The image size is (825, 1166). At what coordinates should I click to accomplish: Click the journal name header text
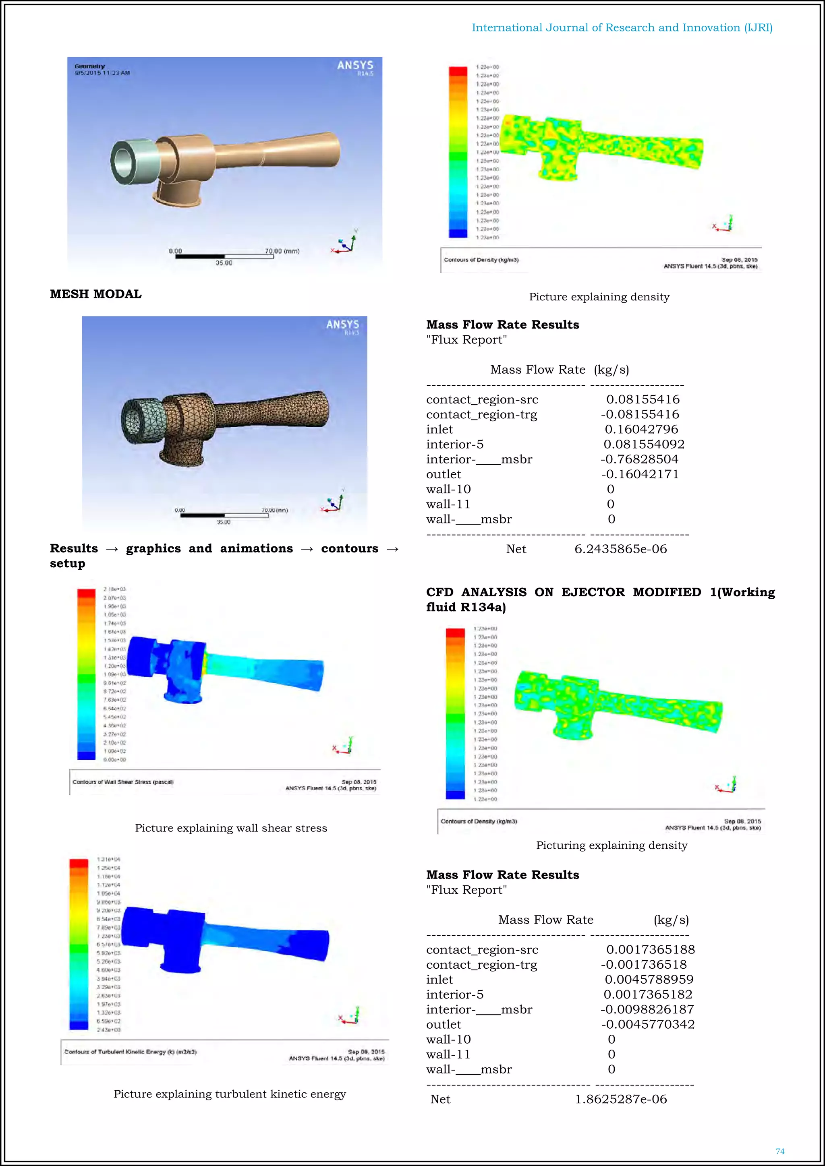point(622,28)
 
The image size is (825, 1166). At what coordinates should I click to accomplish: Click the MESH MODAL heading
point(95,294)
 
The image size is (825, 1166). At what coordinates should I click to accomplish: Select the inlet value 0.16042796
point(641,429)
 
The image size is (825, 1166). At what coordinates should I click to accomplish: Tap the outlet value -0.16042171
point(640,474)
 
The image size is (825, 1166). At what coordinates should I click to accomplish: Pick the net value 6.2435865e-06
point(620,549)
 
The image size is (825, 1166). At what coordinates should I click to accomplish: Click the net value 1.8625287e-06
point(620,1099)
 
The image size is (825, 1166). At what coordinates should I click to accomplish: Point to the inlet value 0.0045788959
point(649,979)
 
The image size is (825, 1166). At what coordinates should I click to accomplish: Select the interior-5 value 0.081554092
point(644,444)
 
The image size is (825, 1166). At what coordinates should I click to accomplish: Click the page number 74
point(780,1151)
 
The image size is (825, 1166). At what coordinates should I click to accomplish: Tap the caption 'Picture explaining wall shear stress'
point(231,828)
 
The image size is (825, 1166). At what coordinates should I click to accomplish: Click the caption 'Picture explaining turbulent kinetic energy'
point(230,1094)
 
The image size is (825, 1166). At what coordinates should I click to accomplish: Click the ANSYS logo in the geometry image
point(355,66)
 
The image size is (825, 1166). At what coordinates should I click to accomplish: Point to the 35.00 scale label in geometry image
point(224,263)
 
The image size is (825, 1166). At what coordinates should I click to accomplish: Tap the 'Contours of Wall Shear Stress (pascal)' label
point(123,782)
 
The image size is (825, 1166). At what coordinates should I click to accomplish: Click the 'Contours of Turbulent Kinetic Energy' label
point(130,1052)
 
